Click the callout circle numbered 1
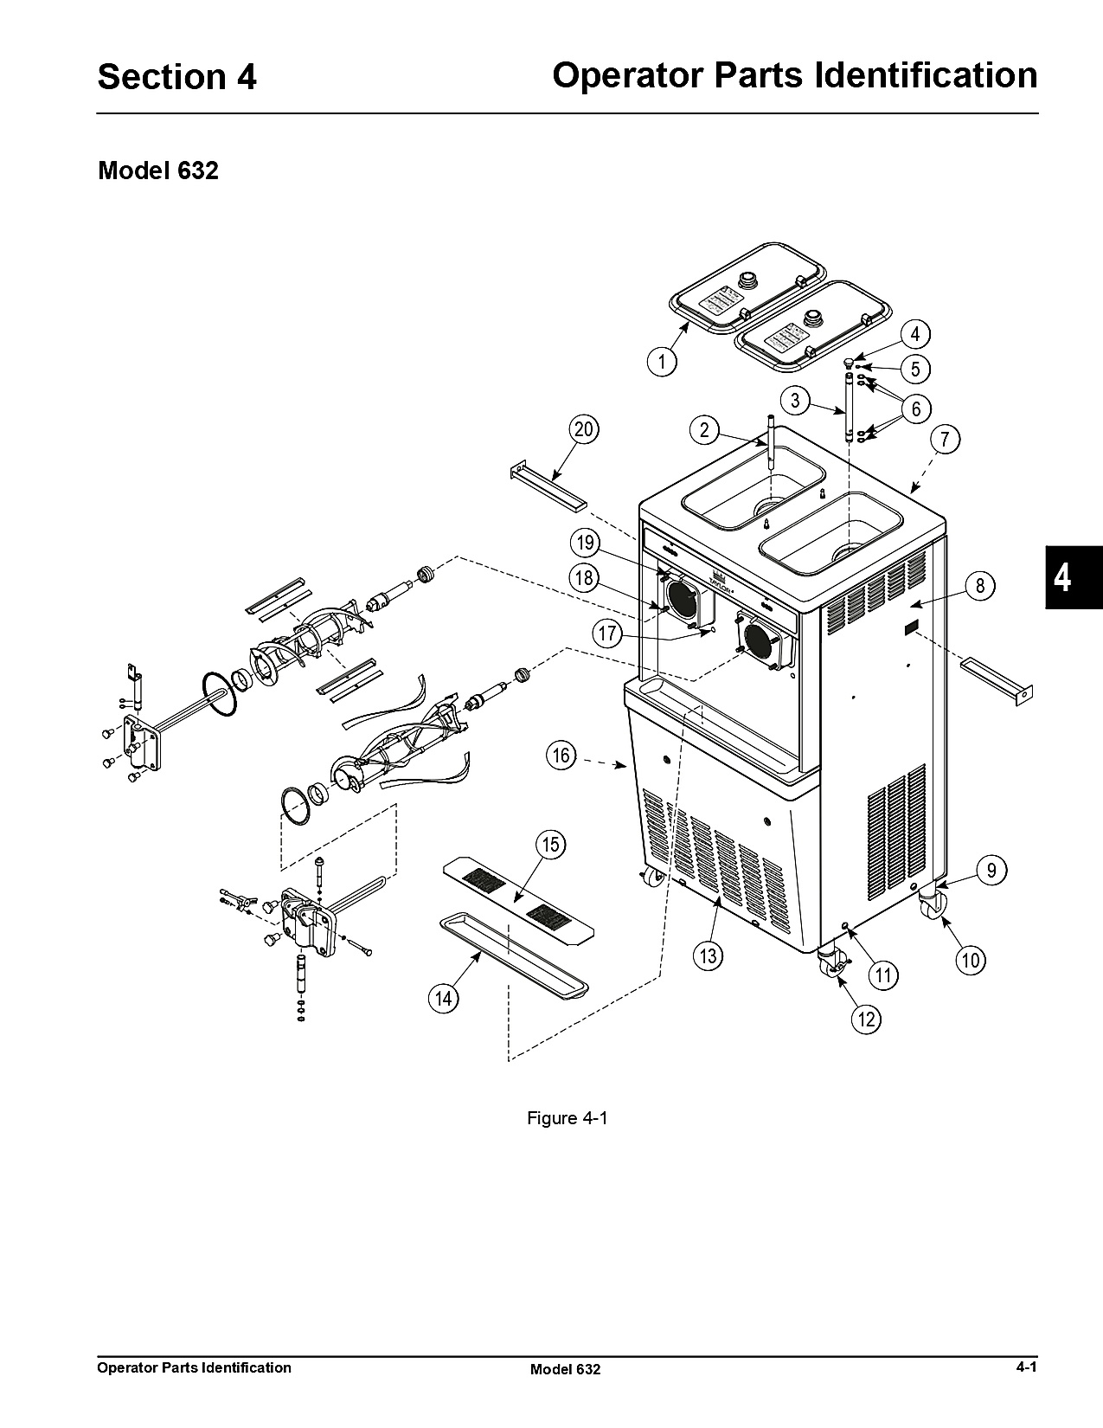pos(662,362)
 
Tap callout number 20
pos(583,430)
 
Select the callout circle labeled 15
pos(550,845)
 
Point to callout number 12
pos(867,1020)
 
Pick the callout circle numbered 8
pos(980,586)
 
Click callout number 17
pos(607,634)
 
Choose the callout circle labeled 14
pos(444,999)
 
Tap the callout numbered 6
pos(916,409)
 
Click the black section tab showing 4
pos(1074,577)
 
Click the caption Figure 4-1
pos(567,1118)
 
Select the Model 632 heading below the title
pos(157,170)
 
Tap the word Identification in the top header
pos(927,75)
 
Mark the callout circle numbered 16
pos(561,756)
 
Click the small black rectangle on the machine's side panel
pos(911,629)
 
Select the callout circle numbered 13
pos(708,955)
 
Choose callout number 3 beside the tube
pos(796,400)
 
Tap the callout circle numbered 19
pos(585,543)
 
